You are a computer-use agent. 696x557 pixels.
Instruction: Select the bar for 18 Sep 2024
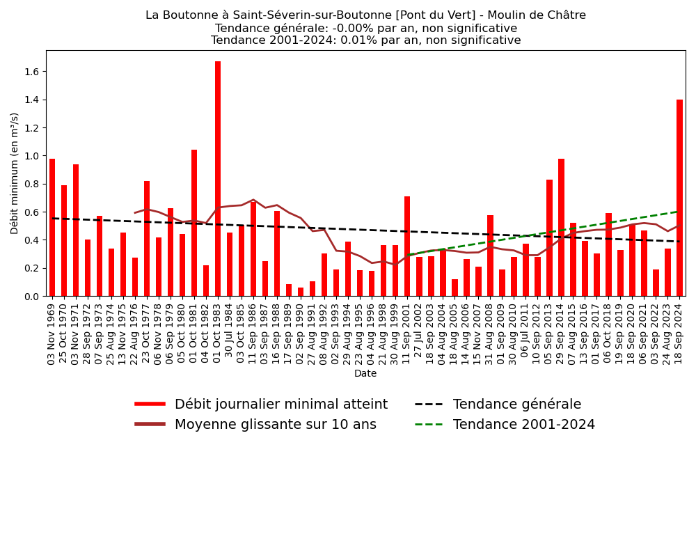click(679, 198)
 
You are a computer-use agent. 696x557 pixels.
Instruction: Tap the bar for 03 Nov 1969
click(52, 227)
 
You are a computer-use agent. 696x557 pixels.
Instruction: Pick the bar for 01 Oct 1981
click(194, 223)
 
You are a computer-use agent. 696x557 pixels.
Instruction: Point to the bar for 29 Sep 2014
click(561, 227)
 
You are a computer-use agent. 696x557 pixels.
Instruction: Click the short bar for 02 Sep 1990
click(301, 292)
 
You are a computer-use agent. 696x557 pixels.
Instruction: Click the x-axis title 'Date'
click(365, 374)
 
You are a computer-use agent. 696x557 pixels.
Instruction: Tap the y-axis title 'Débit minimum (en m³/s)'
click(15, 173)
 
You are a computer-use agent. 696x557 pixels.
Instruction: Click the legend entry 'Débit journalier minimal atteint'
click(280, 405)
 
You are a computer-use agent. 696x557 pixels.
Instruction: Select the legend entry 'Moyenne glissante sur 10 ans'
click(275, 425)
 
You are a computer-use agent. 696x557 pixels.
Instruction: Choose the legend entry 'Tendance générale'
click(516, 405)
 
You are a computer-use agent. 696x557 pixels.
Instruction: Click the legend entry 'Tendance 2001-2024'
click(523, 425)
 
